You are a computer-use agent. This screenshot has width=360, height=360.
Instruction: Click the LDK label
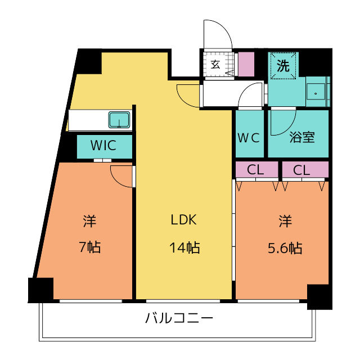click(184, 219)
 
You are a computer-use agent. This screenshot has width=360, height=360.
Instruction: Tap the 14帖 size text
click(184, 247)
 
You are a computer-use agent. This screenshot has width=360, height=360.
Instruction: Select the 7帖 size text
click(89, 247)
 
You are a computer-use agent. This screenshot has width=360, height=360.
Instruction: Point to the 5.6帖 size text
click(285, 248)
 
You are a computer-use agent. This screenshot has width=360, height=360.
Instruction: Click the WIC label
click(103, 145)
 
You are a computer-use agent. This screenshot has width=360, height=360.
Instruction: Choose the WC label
click(249, 138)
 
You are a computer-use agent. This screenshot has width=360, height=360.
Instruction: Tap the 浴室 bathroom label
click(302, 137)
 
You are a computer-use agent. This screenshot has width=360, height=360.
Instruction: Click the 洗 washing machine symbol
click(283, 66)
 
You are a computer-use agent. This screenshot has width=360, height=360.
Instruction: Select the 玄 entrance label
click(215, 65)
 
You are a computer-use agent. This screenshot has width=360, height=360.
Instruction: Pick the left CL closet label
click(255, 170)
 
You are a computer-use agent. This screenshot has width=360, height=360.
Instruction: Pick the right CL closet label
click(301, 170)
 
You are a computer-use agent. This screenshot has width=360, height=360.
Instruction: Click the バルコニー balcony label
click(179, 318)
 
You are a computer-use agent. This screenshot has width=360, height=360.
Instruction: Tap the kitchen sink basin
click(119, 120)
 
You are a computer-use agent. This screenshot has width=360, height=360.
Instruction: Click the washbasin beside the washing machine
click(316, 92)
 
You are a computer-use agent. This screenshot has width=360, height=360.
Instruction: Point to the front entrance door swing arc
click(224, 29)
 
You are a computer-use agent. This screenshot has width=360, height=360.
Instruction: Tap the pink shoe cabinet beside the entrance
click(246, 64)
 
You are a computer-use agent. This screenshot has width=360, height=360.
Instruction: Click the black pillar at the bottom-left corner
click(41, 290)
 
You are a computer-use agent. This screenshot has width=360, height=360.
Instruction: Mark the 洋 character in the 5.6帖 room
click(285, 220)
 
